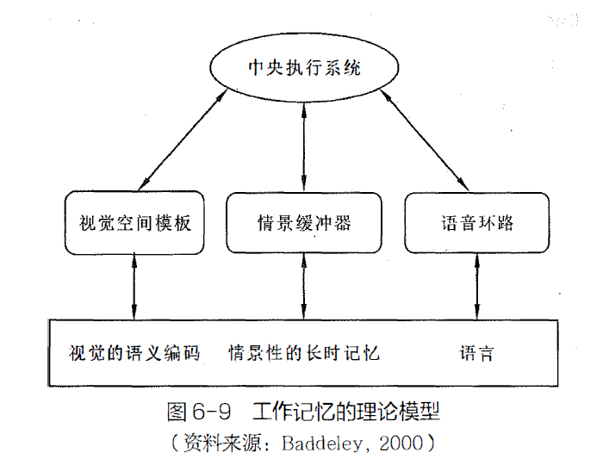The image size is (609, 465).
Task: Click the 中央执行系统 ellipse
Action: point(303,69)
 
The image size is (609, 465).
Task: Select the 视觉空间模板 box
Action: point(134,222)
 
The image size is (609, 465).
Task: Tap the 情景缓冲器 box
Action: point(303,222)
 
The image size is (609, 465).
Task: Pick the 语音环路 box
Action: point(475,222)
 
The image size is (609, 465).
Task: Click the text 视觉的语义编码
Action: point(134,353)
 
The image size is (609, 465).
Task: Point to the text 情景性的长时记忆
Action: point(303,353)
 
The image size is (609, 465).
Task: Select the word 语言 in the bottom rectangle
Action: point(476,353)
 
